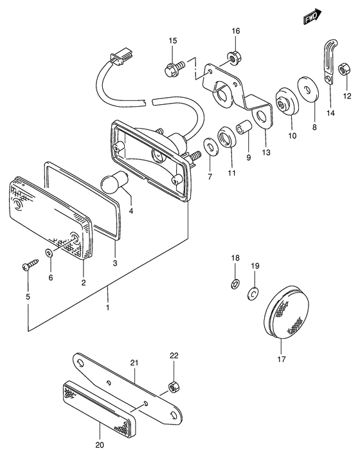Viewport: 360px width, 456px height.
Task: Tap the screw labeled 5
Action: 30,264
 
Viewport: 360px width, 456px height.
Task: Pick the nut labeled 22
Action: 172,387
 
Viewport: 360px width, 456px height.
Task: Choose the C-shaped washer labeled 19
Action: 254,294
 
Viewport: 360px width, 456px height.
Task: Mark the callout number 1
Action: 108,307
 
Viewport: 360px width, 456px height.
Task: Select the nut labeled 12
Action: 345,68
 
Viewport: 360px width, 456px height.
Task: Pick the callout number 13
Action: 265,152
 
